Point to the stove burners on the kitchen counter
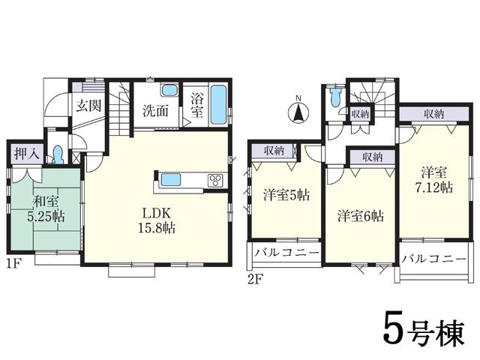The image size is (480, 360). tap(214, 180)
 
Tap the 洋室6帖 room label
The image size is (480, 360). tap(360, 215)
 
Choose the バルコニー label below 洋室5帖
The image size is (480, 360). tap(286, 253)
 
